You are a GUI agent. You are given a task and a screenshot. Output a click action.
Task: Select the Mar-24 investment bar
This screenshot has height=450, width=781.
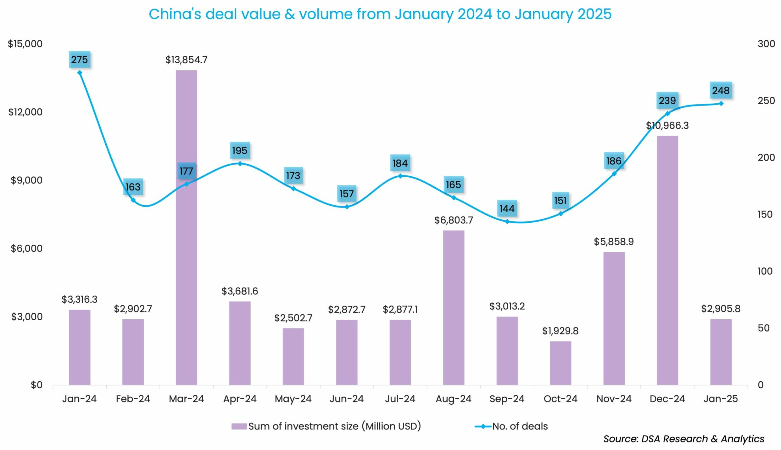pyautogui.click(x=187, y=227)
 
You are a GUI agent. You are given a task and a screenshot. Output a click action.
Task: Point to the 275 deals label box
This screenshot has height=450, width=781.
pyautogui.click(x=80, y=60)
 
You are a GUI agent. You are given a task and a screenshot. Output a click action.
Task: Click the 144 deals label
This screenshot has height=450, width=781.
pyautogui.click(x=507, y=208)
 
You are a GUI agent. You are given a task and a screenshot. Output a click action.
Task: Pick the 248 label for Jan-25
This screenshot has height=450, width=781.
pyautogui.click(x=721, y=90)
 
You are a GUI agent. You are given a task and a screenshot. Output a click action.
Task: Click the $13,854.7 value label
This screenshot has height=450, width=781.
pyautogui.click(x=187, y=60)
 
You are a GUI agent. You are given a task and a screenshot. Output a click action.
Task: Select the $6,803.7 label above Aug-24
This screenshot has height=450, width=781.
pyautogui.click(x=454, y=220)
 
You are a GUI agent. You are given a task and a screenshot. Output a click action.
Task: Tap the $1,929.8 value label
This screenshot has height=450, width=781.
pyautogui.click(x=561, y=331)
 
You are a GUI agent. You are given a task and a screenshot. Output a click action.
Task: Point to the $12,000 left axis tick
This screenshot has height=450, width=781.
pyautogui.click(x=25, y=112)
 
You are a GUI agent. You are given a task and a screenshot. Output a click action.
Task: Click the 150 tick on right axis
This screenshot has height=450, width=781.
pyautogui.click(x=765, y=214)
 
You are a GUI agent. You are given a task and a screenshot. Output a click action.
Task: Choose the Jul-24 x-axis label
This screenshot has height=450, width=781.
pyautogui.click(x=400, y=399)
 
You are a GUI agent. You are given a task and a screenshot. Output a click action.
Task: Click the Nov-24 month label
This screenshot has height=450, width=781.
pyautogui.click(x=614, y=399)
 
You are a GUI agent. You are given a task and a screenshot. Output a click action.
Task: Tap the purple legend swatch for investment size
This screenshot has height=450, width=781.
pyautogui.click(x=239, y=426)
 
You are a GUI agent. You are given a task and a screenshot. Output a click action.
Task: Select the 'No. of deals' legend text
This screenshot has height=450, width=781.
pyautogui.click(x=520, y=426)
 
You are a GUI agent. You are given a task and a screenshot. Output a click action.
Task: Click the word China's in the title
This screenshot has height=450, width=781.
pyautogui.click(x=175, y=14)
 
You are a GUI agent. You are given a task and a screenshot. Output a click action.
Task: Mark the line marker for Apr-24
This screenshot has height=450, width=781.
pyautogui.click(x=240, y=163)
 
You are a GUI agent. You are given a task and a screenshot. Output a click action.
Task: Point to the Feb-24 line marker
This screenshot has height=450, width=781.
pyautogui.click(x=133, y=200)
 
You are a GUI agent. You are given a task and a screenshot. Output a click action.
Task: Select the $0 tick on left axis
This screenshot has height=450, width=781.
pyautogui.click(x=36, y=385)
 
